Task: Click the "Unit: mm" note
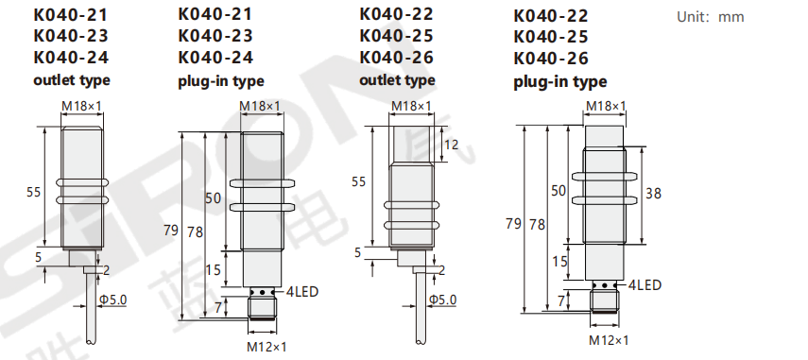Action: click(710, 17)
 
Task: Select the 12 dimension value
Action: click(451, 145)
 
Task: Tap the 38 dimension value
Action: click(653, 194)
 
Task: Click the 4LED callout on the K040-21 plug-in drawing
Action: click(301, 292)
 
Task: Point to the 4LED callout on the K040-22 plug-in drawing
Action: click(645, 284)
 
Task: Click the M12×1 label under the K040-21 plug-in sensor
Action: click(266, 347)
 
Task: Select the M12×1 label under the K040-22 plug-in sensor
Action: click(609, 340)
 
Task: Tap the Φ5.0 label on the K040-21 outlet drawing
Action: click(113, 300)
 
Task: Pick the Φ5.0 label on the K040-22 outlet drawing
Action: click(443, 300)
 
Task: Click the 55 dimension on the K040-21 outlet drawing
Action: click(33, 192)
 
